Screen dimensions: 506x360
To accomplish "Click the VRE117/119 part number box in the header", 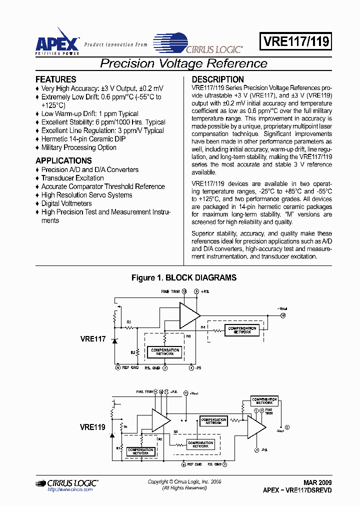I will [x=295, y=42].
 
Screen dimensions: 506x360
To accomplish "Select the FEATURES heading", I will [x=56, y=79].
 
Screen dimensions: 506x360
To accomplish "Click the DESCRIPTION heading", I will [x=218, y=79].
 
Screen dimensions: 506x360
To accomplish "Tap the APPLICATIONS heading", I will [x=63, y=161].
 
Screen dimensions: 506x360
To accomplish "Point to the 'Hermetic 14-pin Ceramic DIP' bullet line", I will [x=83, y=139].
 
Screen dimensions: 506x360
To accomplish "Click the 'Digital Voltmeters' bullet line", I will [x=66, y=203].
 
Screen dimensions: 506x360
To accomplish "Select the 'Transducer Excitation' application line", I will [x=72, y=178].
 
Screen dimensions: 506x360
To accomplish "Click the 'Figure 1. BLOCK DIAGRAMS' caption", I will [x=183, y=277].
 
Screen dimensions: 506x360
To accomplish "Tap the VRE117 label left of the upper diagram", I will [x=92, y=339].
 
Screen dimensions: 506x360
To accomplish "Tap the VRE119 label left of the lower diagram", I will [x=92, y=427].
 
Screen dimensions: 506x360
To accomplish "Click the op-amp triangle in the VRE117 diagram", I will [x=189, y=314].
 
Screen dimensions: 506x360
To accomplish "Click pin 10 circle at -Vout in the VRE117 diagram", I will [x=282, y=316].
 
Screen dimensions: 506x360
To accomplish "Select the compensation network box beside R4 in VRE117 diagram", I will [x=242, y=330].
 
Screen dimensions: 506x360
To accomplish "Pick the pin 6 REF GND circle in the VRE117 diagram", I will [x=118, y=367].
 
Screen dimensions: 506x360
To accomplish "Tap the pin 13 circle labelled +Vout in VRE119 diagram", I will [x=186, y=393].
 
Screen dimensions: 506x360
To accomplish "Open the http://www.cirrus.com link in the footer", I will [x=70, y=490].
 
